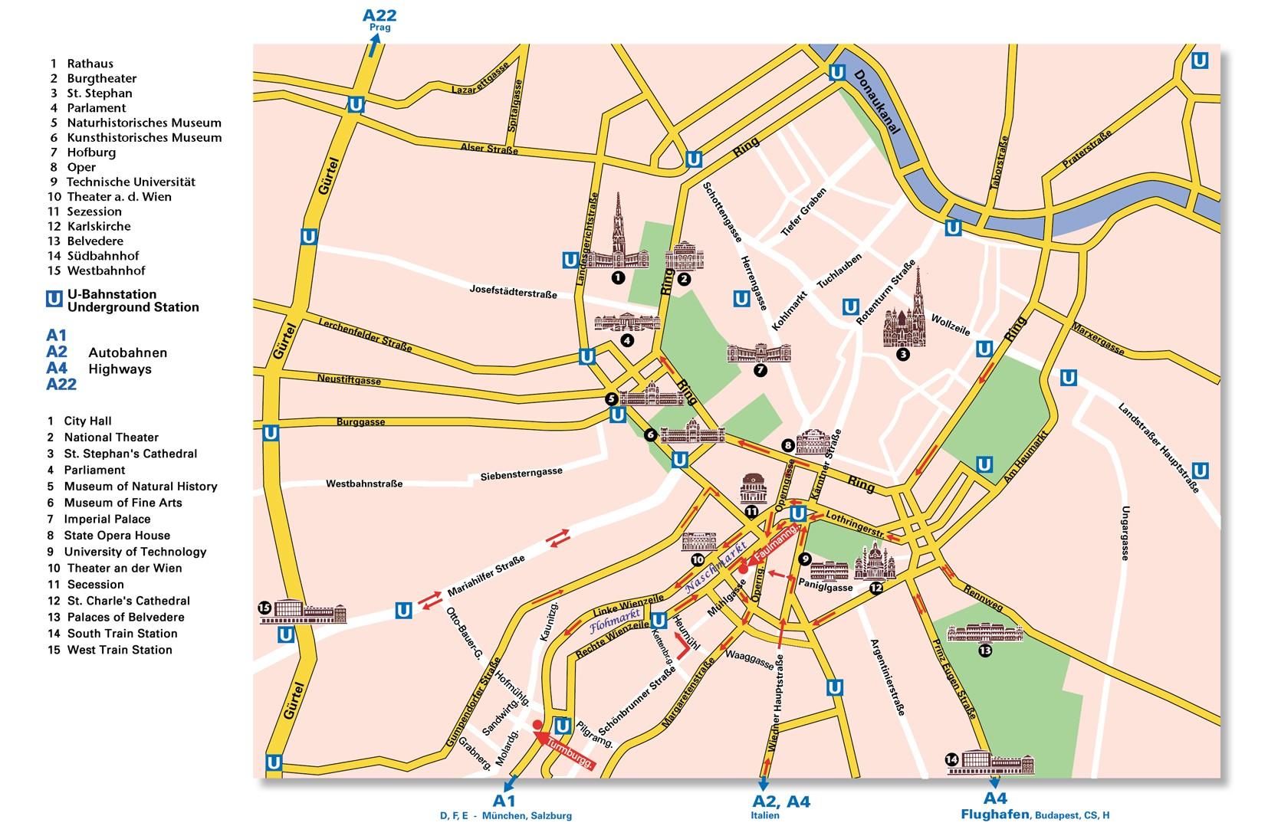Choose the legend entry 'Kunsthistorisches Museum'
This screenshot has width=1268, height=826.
[x=143, y=137]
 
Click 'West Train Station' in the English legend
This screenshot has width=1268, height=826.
[x=119, y=650]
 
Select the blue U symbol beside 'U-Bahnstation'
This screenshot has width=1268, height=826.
[x=54, y=298]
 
